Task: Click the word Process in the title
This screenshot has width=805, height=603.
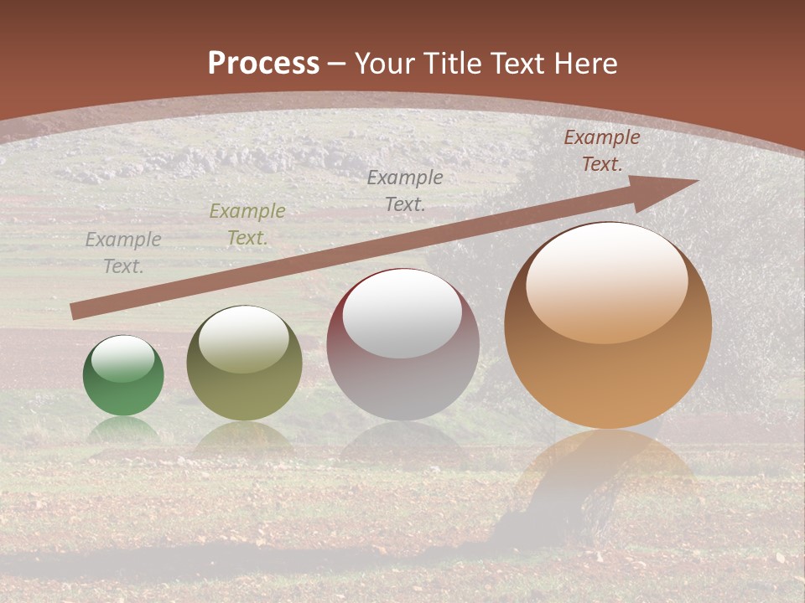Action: tap(263, 63)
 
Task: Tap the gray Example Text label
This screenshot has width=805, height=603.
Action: tap(123, 253)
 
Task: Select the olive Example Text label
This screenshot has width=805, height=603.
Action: tap(247, 224)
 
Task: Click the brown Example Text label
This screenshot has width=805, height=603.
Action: tap(601, 151)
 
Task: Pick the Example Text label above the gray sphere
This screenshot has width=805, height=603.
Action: tap(405, 190)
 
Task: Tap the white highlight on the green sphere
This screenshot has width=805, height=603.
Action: tap(123, 358)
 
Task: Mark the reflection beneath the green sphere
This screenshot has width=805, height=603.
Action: tap(123, 429)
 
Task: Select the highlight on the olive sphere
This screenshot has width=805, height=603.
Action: tap(244, 338)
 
